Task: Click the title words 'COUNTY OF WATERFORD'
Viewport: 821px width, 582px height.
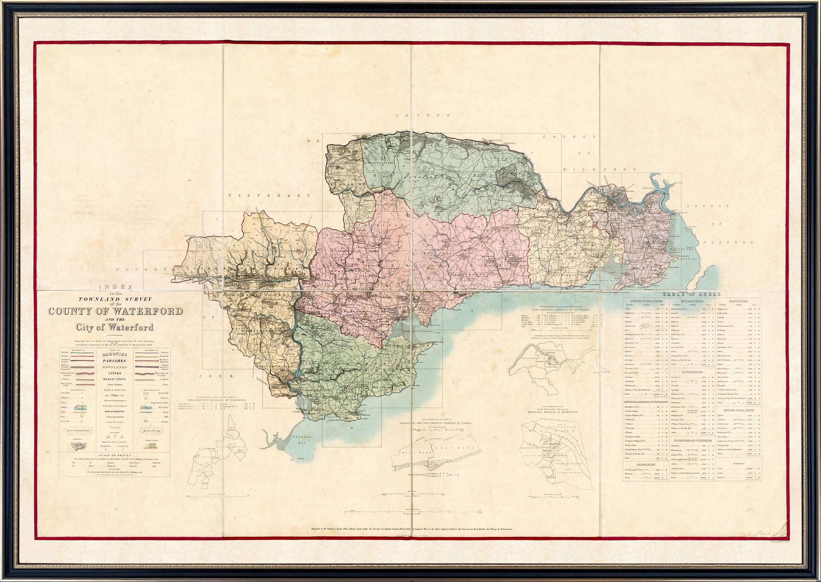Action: tap(115, 312)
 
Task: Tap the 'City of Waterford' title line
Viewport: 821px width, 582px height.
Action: tap(115, 327)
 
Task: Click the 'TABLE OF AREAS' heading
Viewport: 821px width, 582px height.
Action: tap(691, 294)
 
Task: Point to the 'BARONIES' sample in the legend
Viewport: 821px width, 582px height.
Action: tap(115, 355)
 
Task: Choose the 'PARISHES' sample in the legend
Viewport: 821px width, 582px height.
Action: tap(115, 361)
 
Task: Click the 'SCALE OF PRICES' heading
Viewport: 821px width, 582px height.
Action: tap(115, 456)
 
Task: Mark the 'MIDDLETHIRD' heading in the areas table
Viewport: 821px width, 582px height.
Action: tap(692, 302)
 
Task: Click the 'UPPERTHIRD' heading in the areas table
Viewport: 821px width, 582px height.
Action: tap(692, 372)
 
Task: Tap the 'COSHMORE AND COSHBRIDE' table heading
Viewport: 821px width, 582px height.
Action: tap(692, 440)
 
